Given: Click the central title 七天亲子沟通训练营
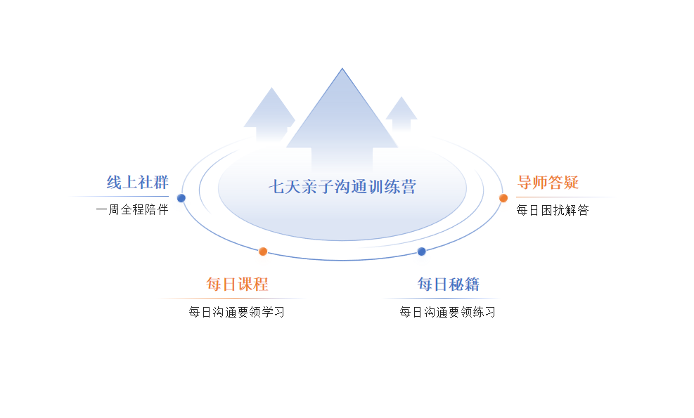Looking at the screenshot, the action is tap(342, 187).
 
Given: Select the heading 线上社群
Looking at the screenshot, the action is tap(137, 182).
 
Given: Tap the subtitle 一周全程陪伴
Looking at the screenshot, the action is tap(132, 209).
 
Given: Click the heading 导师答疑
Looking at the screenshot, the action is tap(548, 182).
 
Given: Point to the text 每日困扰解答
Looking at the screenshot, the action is tap(553, 210).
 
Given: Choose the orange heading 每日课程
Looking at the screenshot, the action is tap(237, 284).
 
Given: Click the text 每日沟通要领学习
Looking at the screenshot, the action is tap(236, 313).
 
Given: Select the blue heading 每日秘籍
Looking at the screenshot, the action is tap(449, 284).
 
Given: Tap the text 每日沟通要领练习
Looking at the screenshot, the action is tap(447, 313).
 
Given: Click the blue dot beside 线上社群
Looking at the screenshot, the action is tap(181, 198).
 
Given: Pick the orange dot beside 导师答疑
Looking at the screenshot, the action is tap(503, 198).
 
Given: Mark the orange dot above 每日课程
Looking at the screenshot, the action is tap(263, 252).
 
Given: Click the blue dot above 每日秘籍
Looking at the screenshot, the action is tap(422, 252).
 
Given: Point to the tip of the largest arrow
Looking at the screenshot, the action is tap(342, 68).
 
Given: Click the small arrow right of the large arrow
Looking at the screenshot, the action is tap(401, 114).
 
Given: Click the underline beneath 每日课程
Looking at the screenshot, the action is tap(233, 299).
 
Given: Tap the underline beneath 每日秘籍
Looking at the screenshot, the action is tap(442, 299).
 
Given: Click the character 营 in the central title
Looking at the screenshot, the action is tap(409, 187).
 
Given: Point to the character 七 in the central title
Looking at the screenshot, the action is tap(276, 187).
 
